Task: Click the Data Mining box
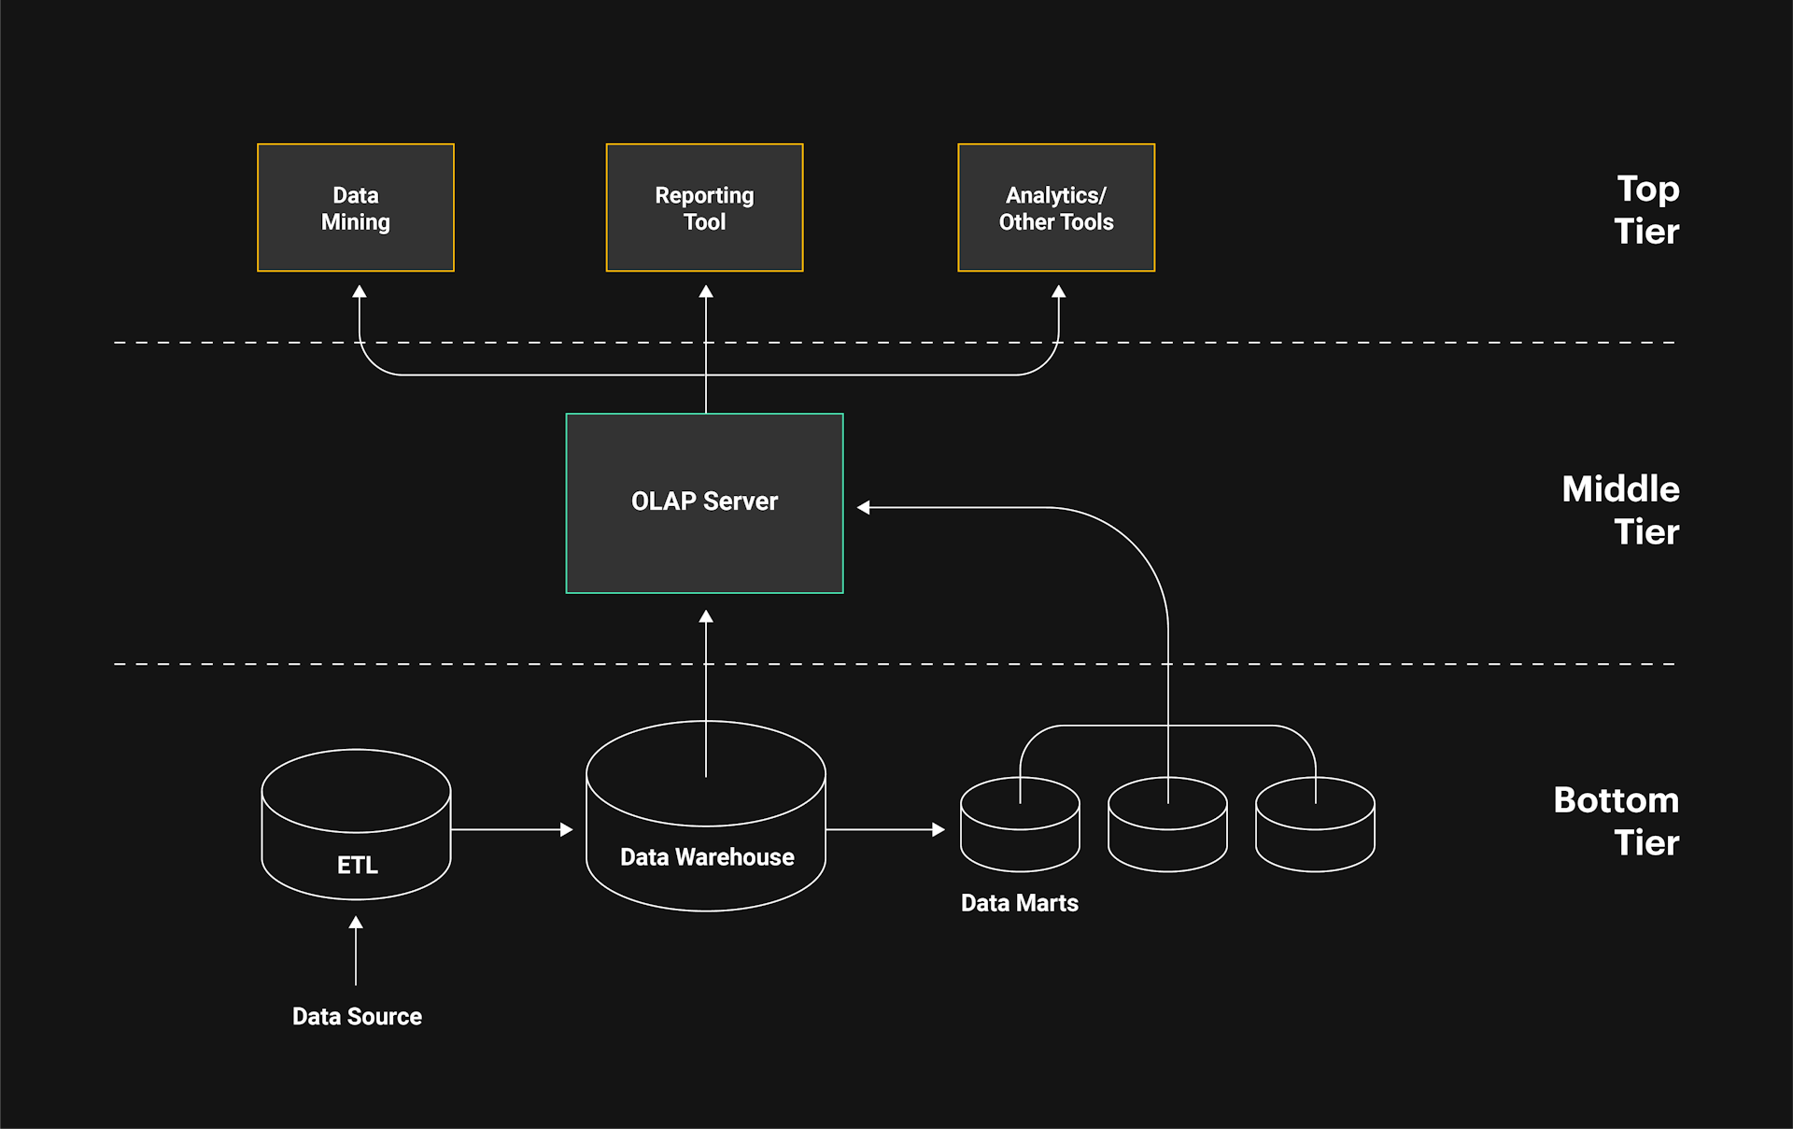click(x=355, y=207)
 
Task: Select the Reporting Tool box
click(x=704, y=207)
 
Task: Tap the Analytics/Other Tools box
click(x=1056, y=207)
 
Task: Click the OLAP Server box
click(x=704, y=502)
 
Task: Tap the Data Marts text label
click(x=1019, y=903)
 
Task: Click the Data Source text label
click(x=357, y=1016)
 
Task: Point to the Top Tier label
click(x=1646, y=210)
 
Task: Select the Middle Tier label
click(x=1621, y=510)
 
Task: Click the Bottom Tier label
click(x=1617, y=821)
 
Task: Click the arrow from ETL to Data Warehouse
click(x=512, y=829)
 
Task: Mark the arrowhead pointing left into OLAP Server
click(x=864, y=507)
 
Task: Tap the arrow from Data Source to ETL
click(x=356, y=951)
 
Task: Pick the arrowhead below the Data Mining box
click(x=360, y=292)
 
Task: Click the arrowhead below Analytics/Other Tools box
click(x=1058, y=292)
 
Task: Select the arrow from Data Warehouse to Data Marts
click(x=885, y=829)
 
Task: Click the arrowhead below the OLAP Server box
click(x=706, y=617)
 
